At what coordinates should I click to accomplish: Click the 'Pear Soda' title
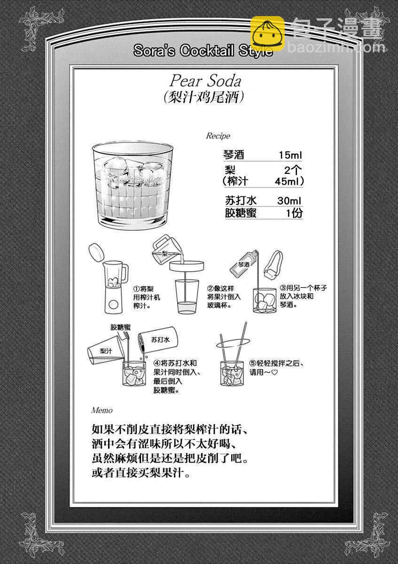coord(205,81)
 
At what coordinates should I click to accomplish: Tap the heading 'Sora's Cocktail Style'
coord(203,50)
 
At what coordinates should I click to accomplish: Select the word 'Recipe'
coord(218,136)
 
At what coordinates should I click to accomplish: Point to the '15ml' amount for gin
coord(290,155)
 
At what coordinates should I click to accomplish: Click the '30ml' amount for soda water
coord(289,201)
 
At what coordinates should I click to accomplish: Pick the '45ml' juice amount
coord(287,181)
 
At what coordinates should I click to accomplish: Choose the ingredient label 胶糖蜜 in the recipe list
coord(241,213)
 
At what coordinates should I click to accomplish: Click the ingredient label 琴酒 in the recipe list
coord(234,155)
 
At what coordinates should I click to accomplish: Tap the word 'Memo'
coord(101,410)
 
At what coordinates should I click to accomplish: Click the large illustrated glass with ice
coord(133,185)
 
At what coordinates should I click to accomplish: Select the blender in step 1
coord(115,287)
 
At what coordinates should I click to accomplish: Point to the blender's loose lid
coord(96,252)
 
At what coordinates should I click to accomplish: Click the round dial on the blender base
coord(114,305)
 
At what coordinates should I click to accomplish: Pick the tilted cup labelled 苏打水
coord(158,340)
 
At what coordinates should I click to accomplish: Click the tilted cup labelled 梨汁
coord(106,350)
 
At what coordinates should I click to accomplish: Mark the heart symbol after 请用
coord(274,372)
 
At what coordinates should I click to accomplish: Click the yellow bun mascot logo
coord(267,33)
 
